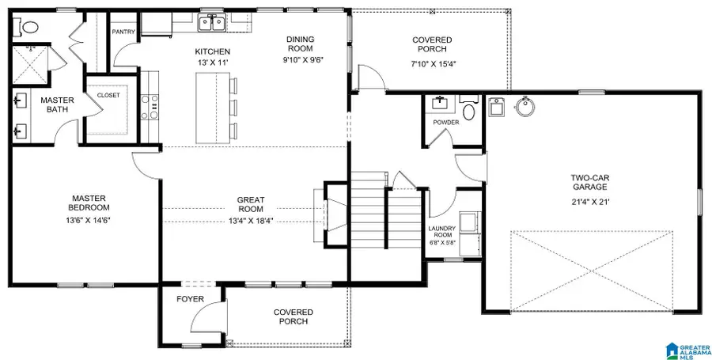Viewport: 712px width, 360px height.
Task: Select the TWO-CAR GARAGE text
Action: tap(590, 183)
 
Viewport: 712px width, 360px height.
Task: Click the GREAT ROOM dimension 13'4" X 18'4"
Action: tap(251, 221)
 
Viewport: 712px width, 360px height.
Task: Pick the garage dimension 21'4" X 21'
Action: tap(590, 202)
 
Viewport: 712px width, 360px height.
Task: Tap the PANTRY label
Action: tap(124, 32)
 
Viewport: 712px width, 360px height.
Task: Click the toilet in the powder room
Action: tap(468, 110)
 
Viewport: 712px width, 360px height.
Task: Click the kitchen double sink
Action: tap(211, 23)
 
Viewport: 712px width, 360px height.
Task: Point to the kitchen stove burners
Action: tap(148, 105)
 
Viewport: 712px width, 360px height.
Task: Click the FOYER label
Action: tap(190, 299)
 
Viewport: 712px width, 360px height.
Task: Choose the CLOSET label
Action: tap(108, 95)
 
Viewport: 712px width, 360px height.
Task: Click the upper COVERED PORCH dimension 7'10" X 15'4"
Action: tap(432, 63)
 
